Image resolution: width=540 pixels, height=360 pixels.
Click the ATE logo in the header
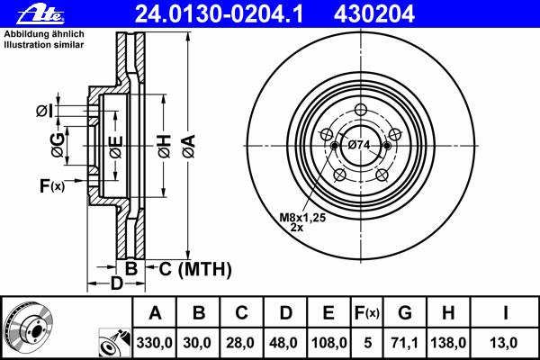[x=40, y=14]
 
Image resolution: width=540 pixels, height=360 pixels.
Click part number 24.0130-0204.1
[x=219, y=14]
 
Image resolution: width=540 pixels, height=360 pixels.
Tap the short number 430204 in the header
[x=373, y=14]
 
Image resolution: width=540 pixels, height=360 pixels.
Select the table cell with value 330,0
[x=154, y=343]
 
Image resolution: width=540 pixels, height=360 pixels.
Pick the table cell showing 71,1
[x=405, y=343]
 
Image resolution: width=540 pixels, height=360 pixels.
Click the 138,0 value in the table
[x=448, y=343]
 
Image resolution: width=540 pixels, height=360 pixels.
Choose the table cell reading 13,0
[x=503, y=343]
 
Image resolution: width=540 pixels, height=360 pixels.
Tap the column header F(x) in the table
[x=367, y=313]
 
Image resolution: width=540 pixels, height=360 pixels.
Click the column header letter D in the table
[x=286, y=313]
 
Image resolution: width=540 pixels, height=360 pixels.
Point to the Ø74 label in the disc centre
[x=359, y=145]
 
